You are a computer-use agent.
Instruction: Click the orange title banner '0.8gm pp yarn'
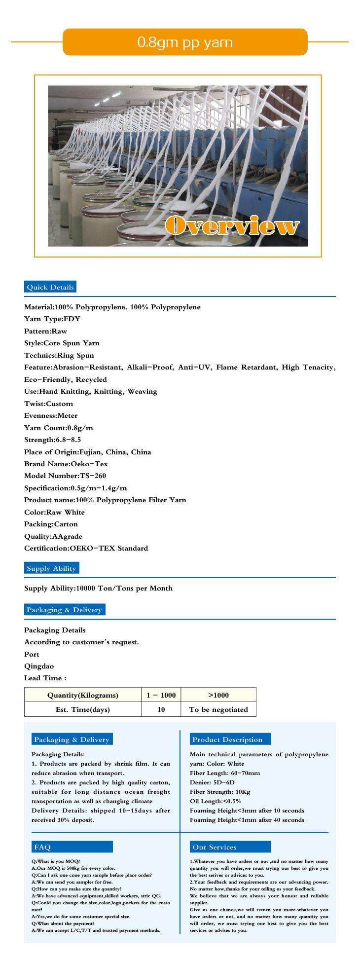[185, 42]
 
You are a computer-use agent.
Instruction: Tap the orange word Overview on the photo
[232, 226]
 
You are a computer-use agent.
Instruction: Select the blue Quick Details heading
[50, 287]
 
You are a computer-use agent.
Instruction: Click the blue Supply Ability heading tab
[51, 568]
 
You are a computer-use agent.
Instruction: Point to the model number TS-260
[93, 476]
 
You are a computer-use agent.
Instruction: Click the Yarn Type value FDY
[72, 319]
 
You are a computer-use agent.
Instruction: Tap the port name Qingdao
[39, 666]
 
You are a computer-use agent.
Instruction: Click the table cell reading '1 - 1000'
[161, 695]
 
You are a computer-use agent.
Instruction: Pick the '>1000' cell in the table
[218, 695]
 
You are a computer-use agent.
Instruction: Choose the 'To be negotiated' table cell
[218, 709]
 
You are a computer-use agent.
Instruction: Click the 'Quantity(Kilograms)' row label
[83, 695]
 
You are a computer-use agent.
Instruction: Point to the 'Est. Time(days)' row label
[83, 709]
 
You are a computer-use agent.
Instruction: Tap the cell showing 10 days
[161, 709]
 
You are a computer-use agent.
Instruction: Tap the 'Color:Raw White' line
[54, 512]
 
